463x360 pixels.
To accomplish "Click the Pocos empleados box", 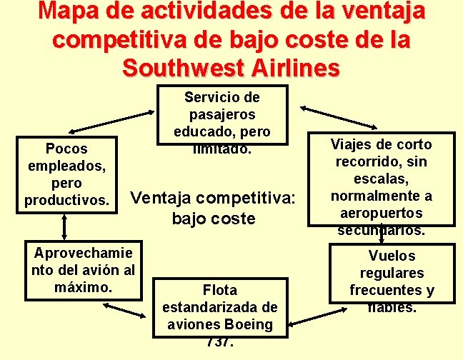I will pyautogui.click(x=66, y=174).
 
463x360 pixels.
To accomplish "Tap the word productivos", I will pyautogui.click(x=66, y=200).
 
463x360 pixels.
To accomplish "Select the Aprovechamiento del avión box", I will pyautogui.click(x=83, y=270).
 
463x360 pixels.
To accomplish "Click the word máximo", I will pyautogui.click(x=83, y=287).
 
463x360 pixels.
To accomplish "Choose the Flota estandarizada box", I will pyautogui.click(x=219, y=307).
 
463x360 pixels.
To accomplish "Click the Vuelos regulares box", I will pyautogui.click(x=392, y=274).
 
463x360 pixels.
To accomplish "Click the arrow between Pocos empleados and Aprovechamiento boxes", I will pyautogui.click(x=65, y=226).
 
